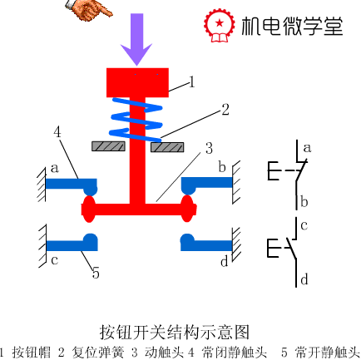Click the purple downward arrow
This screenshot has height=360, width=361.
(x=136, y=39)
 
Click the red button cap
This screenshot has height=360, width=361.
(x=137, y=82)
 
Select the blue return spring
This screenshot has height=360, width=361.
(x=136, y=119)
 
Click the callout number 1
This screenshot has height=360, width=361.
(x=191, y=82)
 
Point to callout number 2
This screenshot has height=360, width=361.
(x=225, y=110)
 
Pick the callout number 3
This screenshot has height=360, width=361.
(x=209, y=148)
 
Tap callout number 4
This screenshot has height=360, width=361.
(x=57, y=132)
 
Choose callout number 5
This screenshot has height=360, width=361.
(x=96, y=274)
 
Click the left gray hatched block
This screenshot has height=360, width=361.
(x=108, y=146)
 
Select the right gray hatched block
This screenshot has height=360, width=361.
(x=167, y=147)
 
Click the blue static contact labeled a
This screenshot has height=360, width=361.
(x=72, y=186)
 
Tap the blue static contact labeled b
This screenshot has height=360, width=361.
(x=206, y=185)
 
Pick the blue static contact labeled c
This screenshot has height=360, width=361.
(x=72, y=244)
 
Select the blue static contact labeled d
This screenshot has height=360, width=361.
(x=205, y=244)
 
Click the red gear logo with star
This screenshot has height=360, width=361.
(x=220, y=25)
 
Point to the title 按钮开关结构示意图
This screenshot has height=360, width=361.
(x=175, y=332)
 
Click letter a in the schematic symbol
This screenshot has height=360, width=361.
(x=307, y=148)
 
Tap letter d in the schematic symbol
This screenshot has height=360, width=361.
(x=304, y=279)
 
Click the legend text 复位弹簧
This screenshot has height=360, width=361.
(x=97, y=353)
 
